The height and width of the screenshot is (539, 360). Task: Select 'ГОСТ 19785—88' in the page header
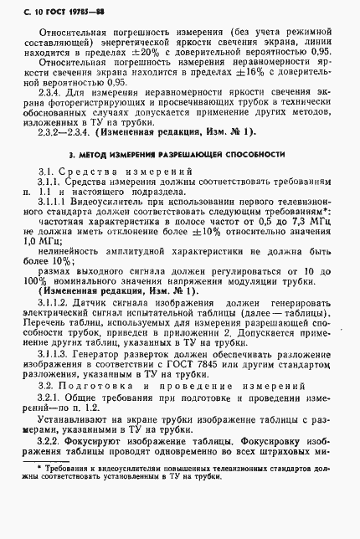click(68, 10)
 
